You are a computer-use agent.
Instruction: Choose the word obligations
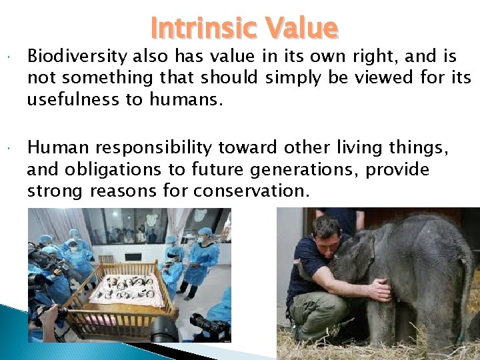coord(111,170)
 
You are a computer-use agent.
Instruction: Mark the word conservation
coord(251,191)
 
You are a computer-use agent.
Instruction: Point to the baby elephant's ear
coord(363,253)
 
